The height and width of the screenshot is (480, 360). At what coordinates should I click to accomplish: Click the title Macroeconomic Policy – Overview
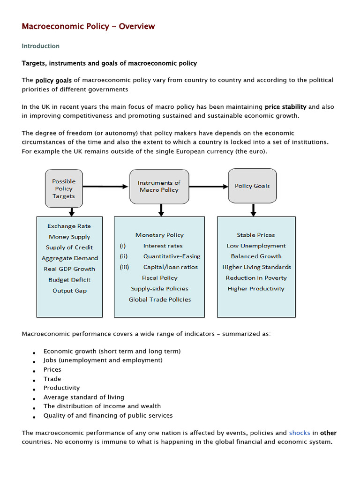point(88,27)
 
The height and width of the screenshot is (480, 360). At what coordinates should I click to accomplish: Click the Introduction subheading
point(41,46)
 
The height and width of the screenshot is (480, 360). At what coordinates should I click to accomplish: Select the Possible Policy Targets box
point(63,188)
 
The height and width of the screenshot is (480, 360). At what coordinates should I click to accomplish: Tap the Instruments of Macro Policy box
point(159,187)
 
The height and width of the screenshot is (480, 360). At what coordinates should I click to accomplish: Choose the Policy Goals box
point(252,186)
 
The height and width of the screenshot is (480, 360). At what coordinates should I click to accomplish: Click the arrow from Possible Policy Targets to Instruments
point(105,187)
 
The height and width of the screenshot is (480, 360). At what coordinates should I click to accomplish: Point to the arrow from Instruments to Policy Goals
point(208,187)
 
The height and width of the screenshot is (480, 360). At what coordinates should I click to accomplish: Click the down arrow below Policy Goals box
point(253,210)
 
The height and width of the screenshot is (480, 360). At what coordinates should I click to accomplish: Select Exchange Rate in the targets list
point(69,226)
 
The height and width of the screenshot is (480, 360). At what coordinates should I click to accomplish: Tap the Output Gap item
point(69,291)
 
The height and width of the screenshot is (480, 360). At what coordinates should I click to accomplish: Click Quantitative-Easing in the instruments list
point(172,256)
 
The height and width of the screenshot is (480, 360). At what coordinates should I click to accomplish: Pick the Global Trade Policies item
point(160,300)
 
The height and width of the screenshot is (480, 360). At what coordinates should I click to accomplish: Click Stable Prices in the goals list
point(256,235)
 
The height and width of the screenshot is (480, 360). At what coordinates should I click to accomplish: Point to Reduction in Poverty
point(256,278)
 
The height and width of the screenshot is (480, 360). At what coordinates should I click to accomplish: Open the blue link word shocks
point(300,433)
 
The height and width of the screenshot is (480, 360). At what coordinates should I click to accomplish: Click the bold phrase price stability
point(285,107)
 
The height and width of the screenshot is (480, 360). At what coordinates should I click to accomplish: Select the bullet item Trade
point(52,379)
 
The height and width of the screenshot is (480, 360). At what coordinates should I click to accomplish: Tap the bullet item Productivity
point(61,388)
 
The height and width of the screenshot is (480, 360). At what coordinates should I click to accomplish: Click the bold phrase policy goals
point(54,80)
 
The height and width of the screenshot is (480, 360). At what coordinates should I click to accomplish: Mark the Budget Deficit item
point(69,280)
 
